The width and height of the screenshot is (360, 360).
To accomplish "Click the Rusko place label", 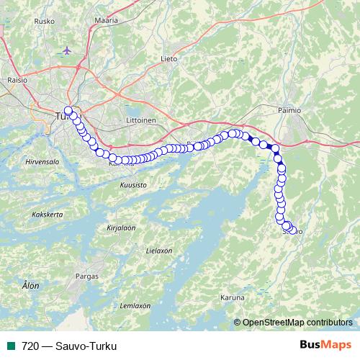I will click(x=45, y=22).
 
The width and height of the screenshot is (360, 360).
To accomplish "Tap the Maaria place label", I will click(x=106, y=22).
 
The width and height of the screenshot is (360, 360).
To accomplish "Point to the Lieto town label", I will click(x=169, y=58).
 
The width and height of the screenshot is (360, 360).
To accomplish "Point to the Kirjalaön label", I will click(x=121, y=227).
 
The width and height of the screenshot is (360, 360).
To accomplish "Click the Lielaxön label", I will click(x=158, y=251).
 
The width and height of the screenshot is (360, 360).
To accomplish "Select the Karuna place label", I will click(x=233, y=296).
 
